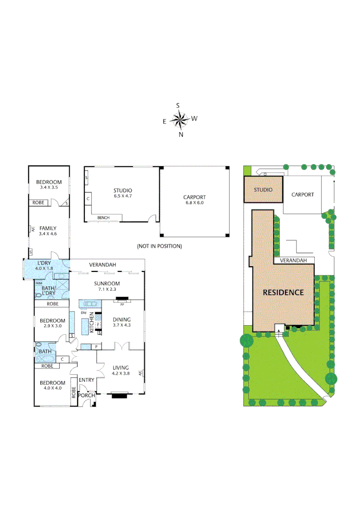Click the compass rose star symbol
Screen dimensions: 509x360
pos(180,120)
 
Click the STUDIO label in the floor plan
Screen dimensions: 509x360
pos(123,193)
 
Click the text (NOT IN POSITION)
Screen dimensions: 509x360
pos(159,246)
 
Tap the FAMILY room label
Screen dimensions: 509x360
pos(48,230)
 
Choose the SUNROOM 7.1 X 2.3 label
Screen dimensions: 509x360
pos(107,286)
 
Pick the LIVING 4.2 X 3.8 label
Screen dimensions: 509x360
pos(120,370)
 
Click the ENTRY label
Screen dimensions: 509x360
pos(86,380)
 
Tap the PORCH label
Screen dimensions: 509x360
pos(87,395)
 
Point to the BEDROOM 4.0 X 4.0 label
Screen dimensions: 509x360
pos(52,385)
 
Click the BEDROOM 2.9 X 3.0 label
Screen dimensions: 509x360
pos(52,323)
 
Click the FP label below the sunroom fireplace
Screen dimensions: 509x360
pos(122,304)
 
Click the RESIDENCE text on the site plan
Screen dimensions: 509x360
pos(283,292)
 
